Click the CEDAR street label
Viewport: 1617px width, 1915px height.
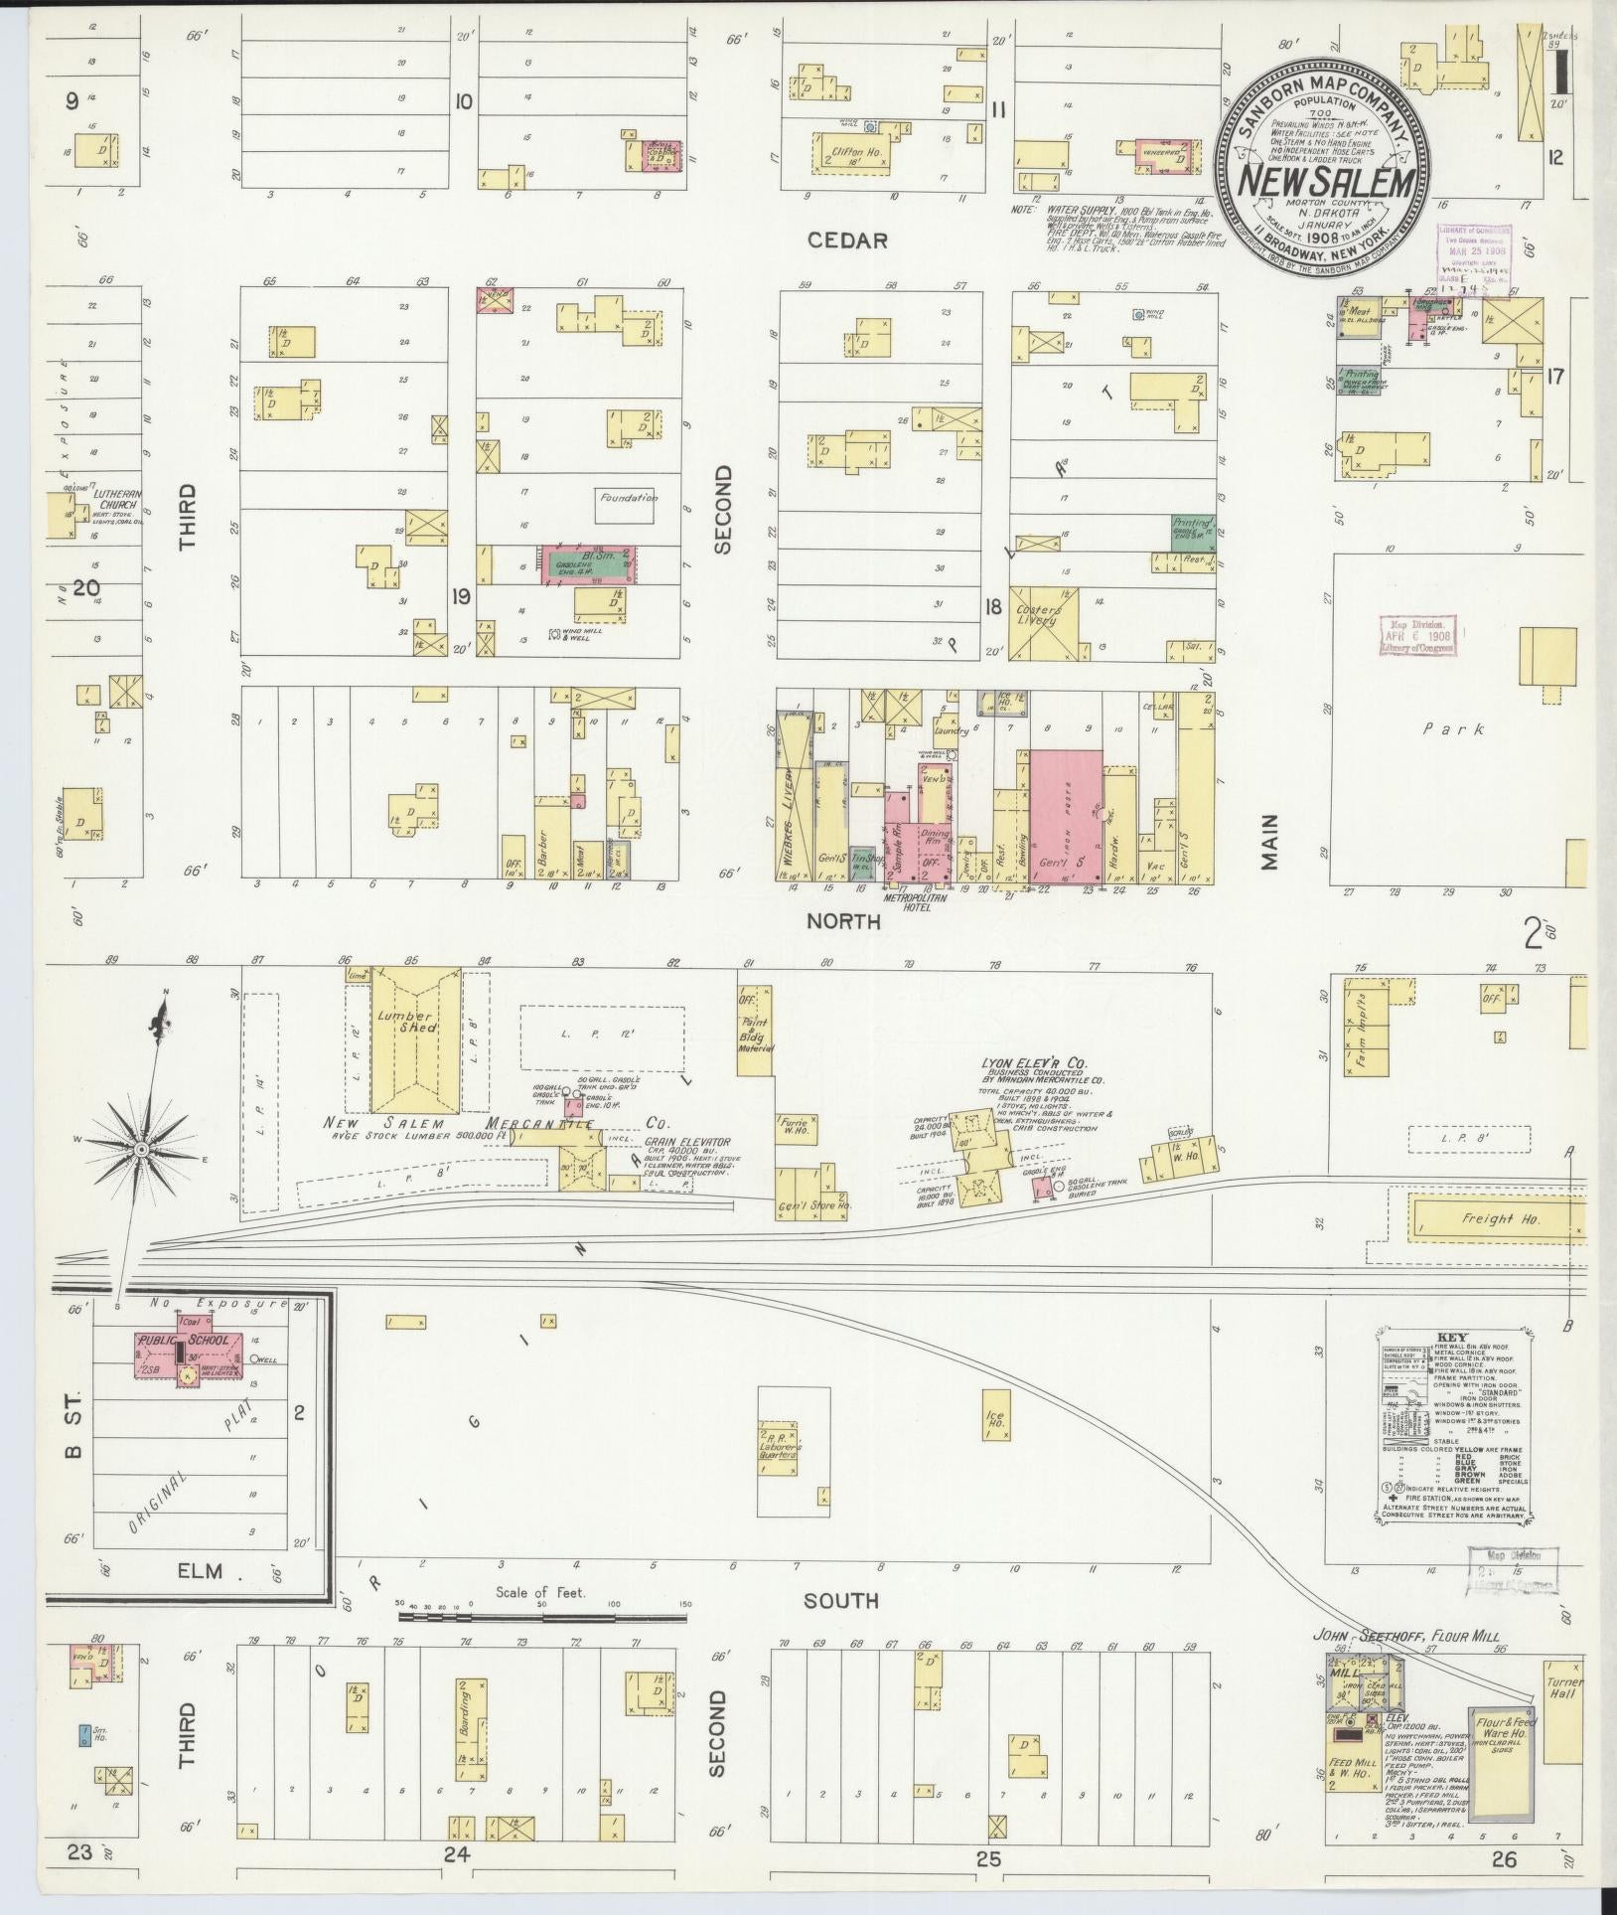(846, 239)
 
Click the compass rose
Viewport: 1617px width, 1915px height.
(142, 1149)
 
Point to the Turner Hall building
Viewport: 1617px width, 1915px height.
(1563, 1688)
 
